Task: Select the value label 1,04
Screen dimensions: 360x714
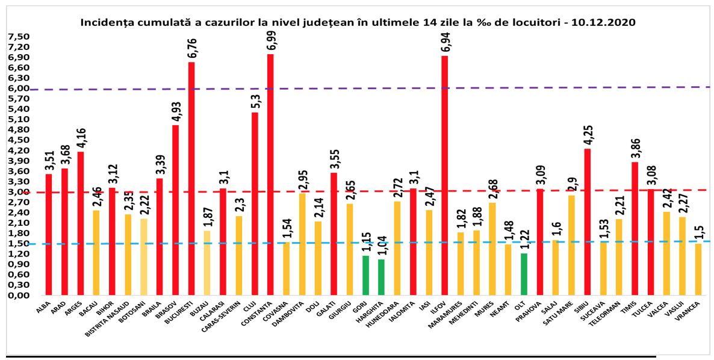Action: tap(382, 244)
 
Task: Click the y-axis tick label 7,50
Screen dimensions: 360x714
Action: tap(18, 36)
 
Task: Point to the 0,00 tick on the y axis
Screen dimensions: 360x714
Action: tap(18, 296)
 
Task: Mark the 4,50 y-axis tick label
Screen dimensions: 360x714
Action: tap(18, 140)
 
